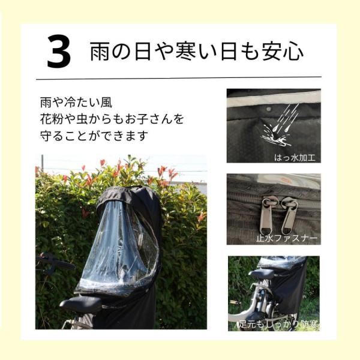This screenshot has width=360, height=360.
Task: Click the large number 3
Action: point(59,51)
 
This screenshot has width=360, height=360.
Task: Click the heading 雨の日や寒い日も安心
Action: point(197,51)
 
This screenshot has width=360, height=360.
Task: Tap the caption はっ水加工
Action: point(295,158)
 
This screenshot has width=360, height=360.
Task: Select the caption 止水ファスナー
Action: point(287,238)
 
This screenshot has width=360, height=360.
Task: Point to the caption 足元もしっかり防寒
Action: point(278,324)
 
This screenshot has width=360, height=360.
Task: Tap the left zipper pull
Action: point(267,215)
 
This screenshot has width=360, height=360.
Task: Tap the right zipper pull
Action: point(289,215)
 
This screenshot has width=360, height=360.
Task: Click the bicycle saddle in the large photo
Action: point(80,304)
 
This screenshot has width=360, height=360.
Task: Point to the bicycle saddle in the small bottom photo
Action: point(261,274)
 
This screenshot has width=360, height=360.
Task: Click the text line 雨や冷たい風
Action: point(76,103)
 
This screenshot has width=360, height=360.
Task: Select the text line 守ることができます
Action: point(94,136)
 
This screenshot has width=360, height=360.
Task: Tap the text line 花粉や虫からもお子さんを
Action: point(112,119)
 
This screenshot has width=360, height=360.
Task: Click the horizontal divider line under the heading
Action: point(179,78)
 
